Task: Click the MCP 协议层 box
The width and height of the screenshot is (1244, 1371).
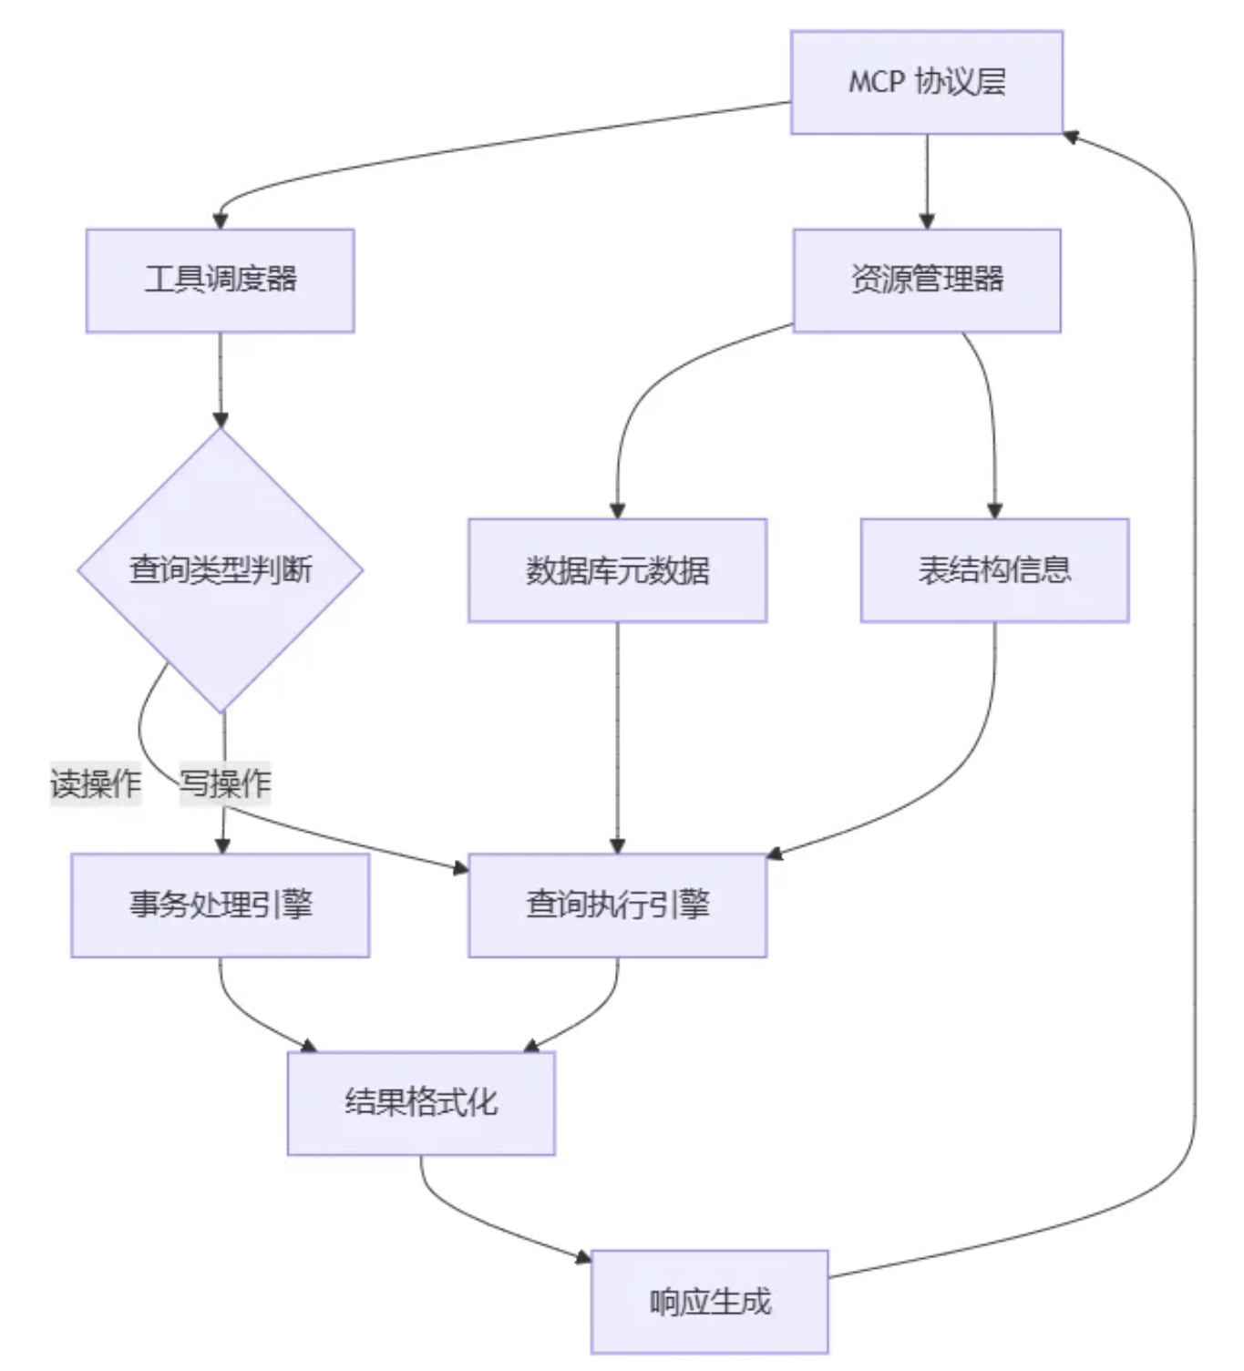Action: [926, 82]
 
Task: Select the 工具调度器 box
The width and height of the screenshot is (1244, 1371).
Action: [220, 280]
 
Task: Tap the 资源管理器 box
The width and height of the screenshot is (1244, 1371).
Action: [926, 280]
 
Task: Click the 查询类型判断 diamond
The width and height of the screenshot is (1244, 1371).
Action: [220, 570]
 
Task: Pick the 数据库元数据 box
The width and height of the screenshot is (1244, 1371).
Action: [617, 570]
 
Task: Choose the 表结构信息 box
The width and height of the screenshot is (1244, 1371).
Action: [994, 570]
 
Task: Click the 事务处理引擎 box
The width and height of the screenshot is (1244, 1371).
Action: [220, 905]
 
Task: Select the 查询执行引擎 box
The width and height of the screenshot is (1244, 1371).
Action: [617, 905]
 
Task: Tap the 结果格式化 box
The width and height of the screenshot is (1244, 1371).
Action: [421, 1103]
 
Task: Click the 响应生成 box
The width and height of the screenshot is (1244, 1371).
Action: [709, 1302]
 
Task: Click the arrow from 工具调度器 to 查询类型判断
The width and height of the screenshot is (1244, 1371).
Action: [221, 378]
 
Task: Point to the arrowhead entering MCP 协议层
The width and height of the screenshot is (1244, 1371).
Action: [1072, 137]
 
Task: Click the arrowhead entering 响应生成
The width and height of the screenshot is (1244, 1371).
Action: [583, 1258]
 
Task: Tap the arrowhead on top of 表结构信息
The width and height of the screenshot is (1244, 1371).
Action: [994, 510]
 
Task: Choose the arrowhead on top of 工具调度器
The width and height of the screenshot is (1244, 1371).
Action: [220, 220]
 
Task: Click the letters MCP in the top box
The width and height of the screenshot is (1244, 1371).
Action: [877, 82]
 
